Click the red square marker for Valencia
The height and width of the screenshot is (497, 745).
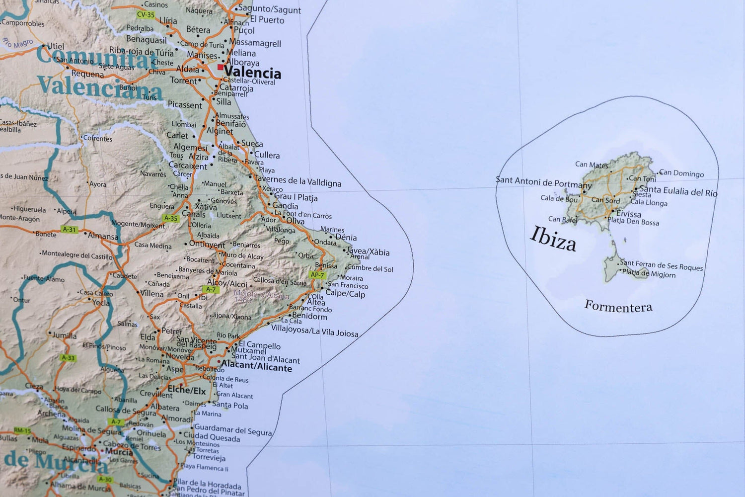click(221, 67)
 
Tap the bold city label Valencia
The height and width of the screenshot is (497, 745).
click(252, 73)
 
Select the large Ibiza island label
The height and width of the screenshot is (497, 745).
click(553, 239)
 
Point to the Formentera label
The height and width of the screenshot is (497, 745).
click(618, 306)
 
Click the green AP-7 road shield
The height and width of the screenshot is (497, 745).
click(317, 275)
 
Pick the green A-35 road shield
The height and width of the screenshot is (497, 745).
click(170, 218)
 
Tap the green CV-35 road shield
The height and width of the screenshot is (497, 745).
click(146, 15)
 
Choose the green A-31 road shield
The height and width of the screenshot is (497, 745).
click(69, 230)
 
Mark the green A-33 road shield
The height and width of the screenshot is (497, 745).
click(68, 358)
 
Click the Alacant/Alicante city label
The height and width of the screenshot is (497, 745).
click(256, 367)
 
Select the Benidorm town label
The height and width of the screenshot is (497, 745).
click(309, 316)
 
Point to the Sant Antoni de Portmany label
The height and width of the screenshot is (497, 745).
click(544, 182)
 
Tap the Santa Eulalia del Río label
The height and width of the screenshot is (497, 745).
click(678, 191)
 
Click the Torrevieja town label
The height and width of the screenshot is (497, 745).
click(209, 457)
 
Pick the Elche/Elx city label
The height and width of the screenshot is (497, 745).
click(187, 391)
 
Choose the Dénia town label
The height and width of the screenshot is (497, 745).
click(346, 238)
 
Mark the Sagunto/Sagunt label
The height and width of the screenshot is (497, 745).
click(269, 9)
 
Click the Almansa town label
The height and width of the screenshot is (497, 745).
click(103, 236)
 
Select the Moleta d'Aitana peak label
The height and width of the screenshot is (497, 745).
click(261, 296)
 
